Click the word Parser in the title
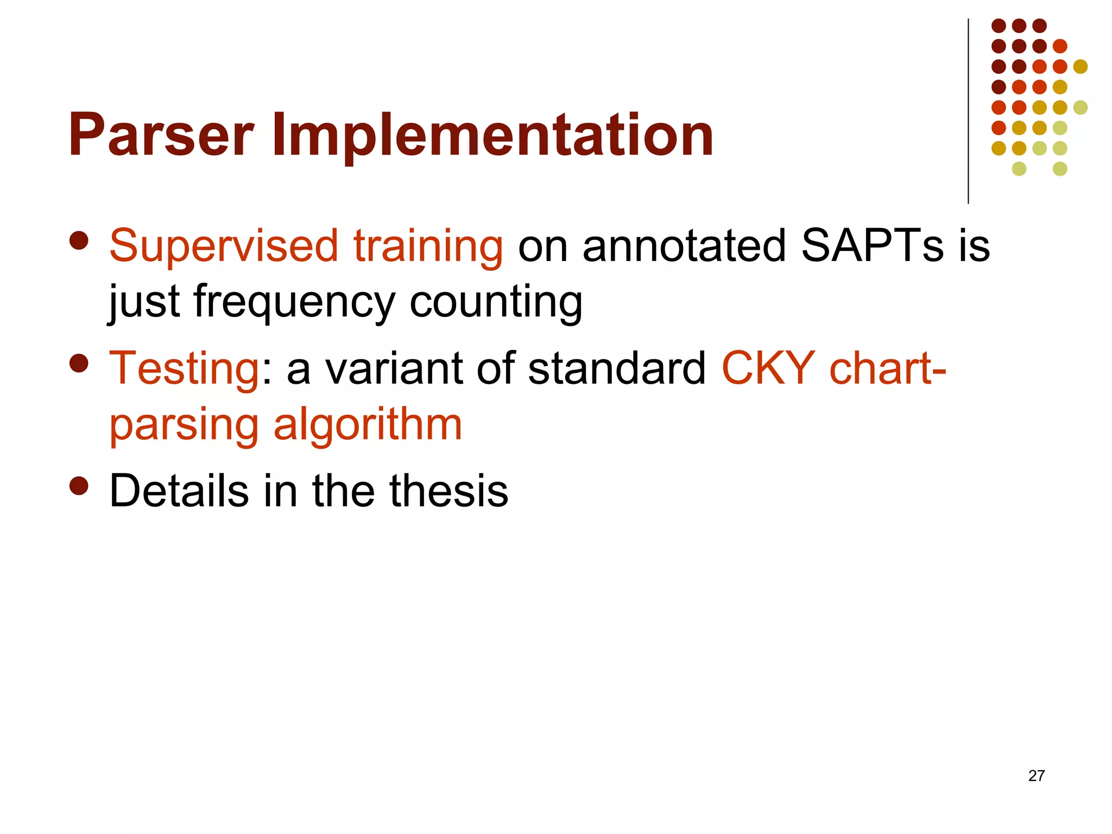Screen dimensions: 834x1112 pos(161,135)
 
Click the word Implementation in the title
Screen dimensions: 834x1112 pos(492,135)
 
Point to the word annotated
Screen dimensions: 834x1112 pos(684,246)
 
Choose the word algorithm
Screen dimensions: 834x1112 pos(368,425)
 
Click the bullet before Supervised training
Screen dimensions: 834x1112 pos(79,241)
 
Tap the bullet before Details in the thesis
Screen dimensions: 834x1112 pos(79,486)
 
